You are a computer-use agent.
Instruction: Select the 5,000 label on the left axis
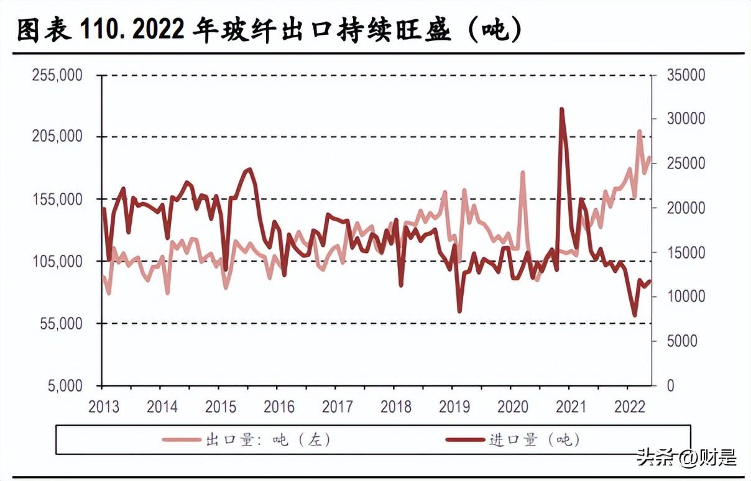(65, 386)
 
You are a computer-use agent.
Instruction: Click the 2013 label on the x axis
(104, 407)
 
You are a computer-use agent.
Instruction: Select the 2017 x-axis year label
(338, 407)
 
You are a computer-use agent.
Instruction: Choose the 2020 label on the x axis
(513, 407)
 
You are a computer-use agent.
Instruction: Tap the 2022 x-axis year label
(629, 407)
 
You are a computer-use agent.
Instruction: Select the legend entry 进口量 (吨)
(513, 440)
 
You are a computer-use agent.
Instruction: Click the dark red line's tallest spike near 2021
(561, 110)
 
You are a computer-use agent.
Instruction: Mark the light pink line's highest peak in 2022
(639, 131)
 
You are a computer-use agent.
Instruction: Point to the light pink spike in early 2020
(523, 172)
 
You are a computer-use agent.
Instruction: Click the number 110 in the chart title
(98, 30)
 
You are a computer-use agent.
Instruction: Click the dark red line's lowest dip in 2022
(635, 315)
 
